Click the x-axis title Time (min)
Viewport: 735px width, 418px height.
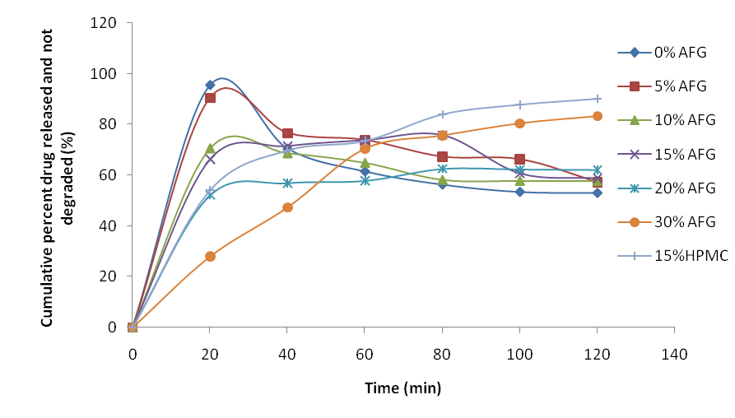pyautogui.click(x=402, y=388)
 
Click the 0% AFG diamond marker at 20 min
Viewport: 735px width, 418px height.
pyautogui.click(x=210, y=85)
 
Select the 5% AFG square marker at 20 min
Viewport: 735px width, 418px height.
pyautogui.click(x=210, y=97)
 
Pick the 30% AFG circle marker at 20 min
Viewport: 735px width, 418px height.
pyautogui.click(x=210, y=256)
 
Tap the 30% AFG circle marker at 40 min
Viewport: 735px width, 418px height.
pyautogui.click(x=287, y=207)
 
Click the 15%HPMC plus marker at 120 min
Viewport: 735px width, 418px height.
pyautogui.click(x=597, y=99)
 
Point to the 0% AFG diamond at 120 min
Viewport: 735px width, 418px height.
pyautogui.click(x=597, y=193)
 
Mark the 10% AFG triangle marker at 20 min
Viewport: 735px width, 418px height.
pyautogui.click(x=210, y=148)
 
